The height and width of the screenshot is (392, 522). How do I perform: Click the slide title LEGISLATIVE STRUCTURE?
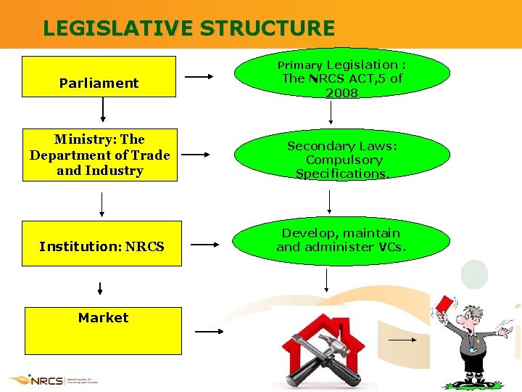[x=188, y=28]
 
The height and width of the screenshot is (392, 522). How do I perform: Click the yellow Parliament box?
[x=99, y=76]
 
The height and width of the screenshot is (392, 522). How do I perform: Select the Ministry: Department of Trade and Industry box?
[x=99, y=155]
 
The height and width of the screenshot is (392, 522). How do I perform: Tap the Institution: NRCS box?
[x=101, y=244]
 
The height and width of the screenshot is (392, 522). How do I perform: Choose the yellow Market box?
[x=103, y=330]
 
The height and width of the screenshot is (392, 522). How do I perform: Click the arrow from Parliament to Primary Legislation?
[x=199, y=76]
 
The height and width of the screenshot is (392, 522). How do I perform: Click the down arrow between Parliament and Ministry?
[x=103, y=110]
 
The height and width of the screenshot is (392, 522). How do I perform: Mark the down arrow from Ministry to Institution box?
[x=101, y=204]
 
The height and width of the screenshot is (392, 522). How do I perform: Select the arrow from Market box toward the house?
[x=210, y=331]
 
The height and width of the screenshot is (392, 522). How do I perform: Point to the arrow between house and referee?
[x=403, y=339]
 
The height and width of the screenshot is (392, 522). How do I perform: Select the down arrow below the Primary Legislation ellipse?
[x=331, y=113]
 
